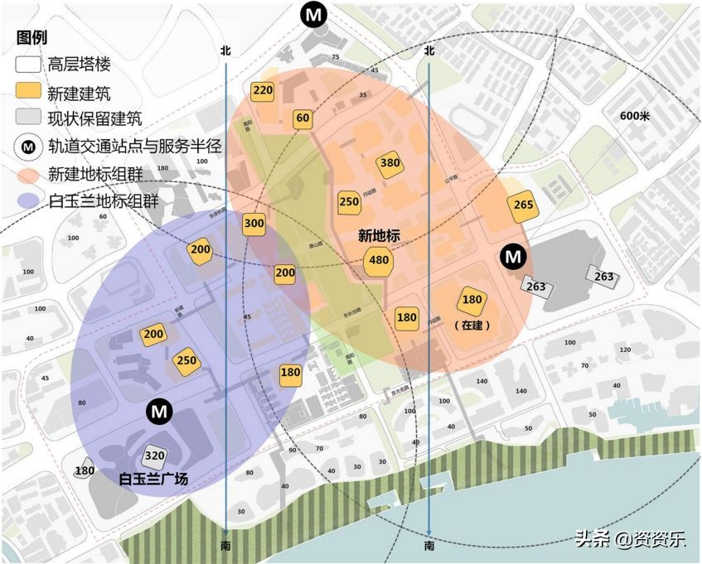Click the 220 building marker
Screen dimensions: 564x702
[x=263, y=91]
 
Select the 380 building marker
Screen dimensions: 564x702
[x=390, y=163]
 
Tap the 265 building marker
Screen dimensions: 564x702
[x=523, y=205]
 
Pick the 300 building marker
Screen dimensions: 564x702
[x=254, y=224]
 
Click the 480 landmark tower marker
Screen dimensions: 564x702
[x=377, y=261]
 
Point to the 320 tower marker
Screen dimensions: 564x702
[x=155, y=456]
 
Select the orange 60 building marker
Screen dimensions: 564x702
[x=303, y=118]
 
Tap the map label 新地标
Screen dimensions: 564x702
[x=379, y=236]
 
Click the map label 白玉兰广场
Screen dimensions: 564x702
[x=153, y=479]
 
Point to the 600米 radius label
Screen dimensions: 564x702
[x=635, y=115]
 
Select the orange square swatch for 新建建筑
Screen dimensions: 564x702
[x=28, y=91]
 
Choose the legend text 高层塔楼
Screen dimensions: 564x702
[x=80, y=64]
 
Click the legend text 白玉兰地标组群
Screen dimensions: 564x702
[x=104, y=201]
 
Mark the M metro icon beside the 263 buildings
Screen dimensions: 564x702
[x=513, y=258]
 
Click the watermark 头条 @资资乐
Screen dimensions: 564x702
[x=630, y=539]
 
